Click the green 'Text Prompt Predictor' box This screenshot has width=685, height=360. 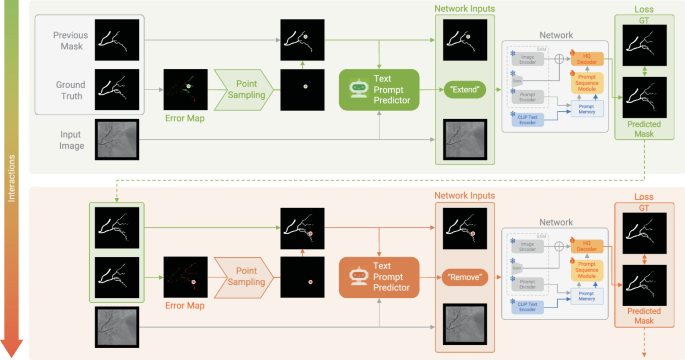(380, 87)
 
